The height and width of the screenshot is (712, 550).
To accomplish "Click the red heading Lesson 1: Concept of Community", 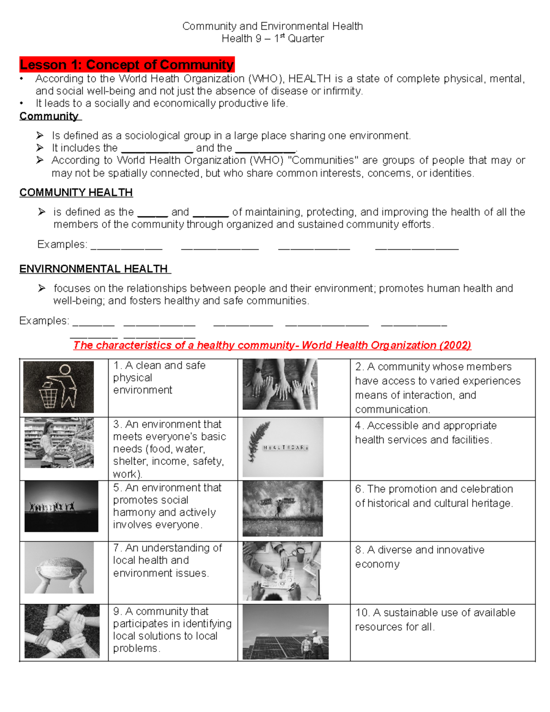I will (127, 65).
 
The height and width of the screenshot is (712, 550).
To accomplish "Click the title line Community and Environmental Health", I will (272, 26).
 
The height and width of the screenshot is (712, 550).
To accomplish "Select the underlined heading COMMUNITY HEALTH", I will (76, 193).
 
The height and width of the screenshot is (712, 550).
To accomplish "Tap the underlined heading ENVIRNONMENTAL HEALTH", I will (94, 269).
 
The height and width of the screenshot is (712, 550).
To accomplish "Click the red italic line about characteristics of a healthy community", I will (272, 345).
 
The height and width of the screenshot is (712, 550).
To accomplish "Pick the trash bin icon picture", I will (59, 387).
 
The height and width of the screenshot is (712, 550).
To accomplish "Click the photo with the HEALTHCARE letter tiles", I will (283, 447).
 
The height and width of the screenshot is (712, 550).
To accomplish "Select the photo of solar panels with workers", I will (286, 632).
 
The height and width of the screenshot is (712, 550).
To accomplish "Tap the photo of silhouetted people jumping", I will (61, 506).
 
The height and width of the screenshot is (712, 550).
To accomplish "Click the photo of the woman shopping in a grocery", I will (59, 442).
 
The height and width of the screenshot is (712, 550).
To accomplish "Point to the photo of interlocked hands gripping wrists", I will (62, 631).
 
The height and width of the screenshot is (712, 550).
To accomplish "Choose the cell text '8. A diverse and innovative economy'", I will (419, 557).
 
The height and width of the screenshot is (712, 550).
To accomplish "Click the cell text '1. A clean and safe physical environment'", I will (159, 377).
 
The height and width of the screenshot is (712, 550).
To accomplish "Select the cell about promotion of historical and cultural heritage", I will (434, 496).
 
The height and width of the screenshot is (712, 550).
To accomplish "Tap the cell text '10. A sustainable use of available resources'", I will (435, 619).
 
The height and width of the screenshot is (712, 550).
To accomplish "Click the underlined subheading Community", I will (49, 116).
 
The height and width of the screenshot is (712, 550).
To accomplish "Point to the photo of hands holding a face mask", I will (59, 568).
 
